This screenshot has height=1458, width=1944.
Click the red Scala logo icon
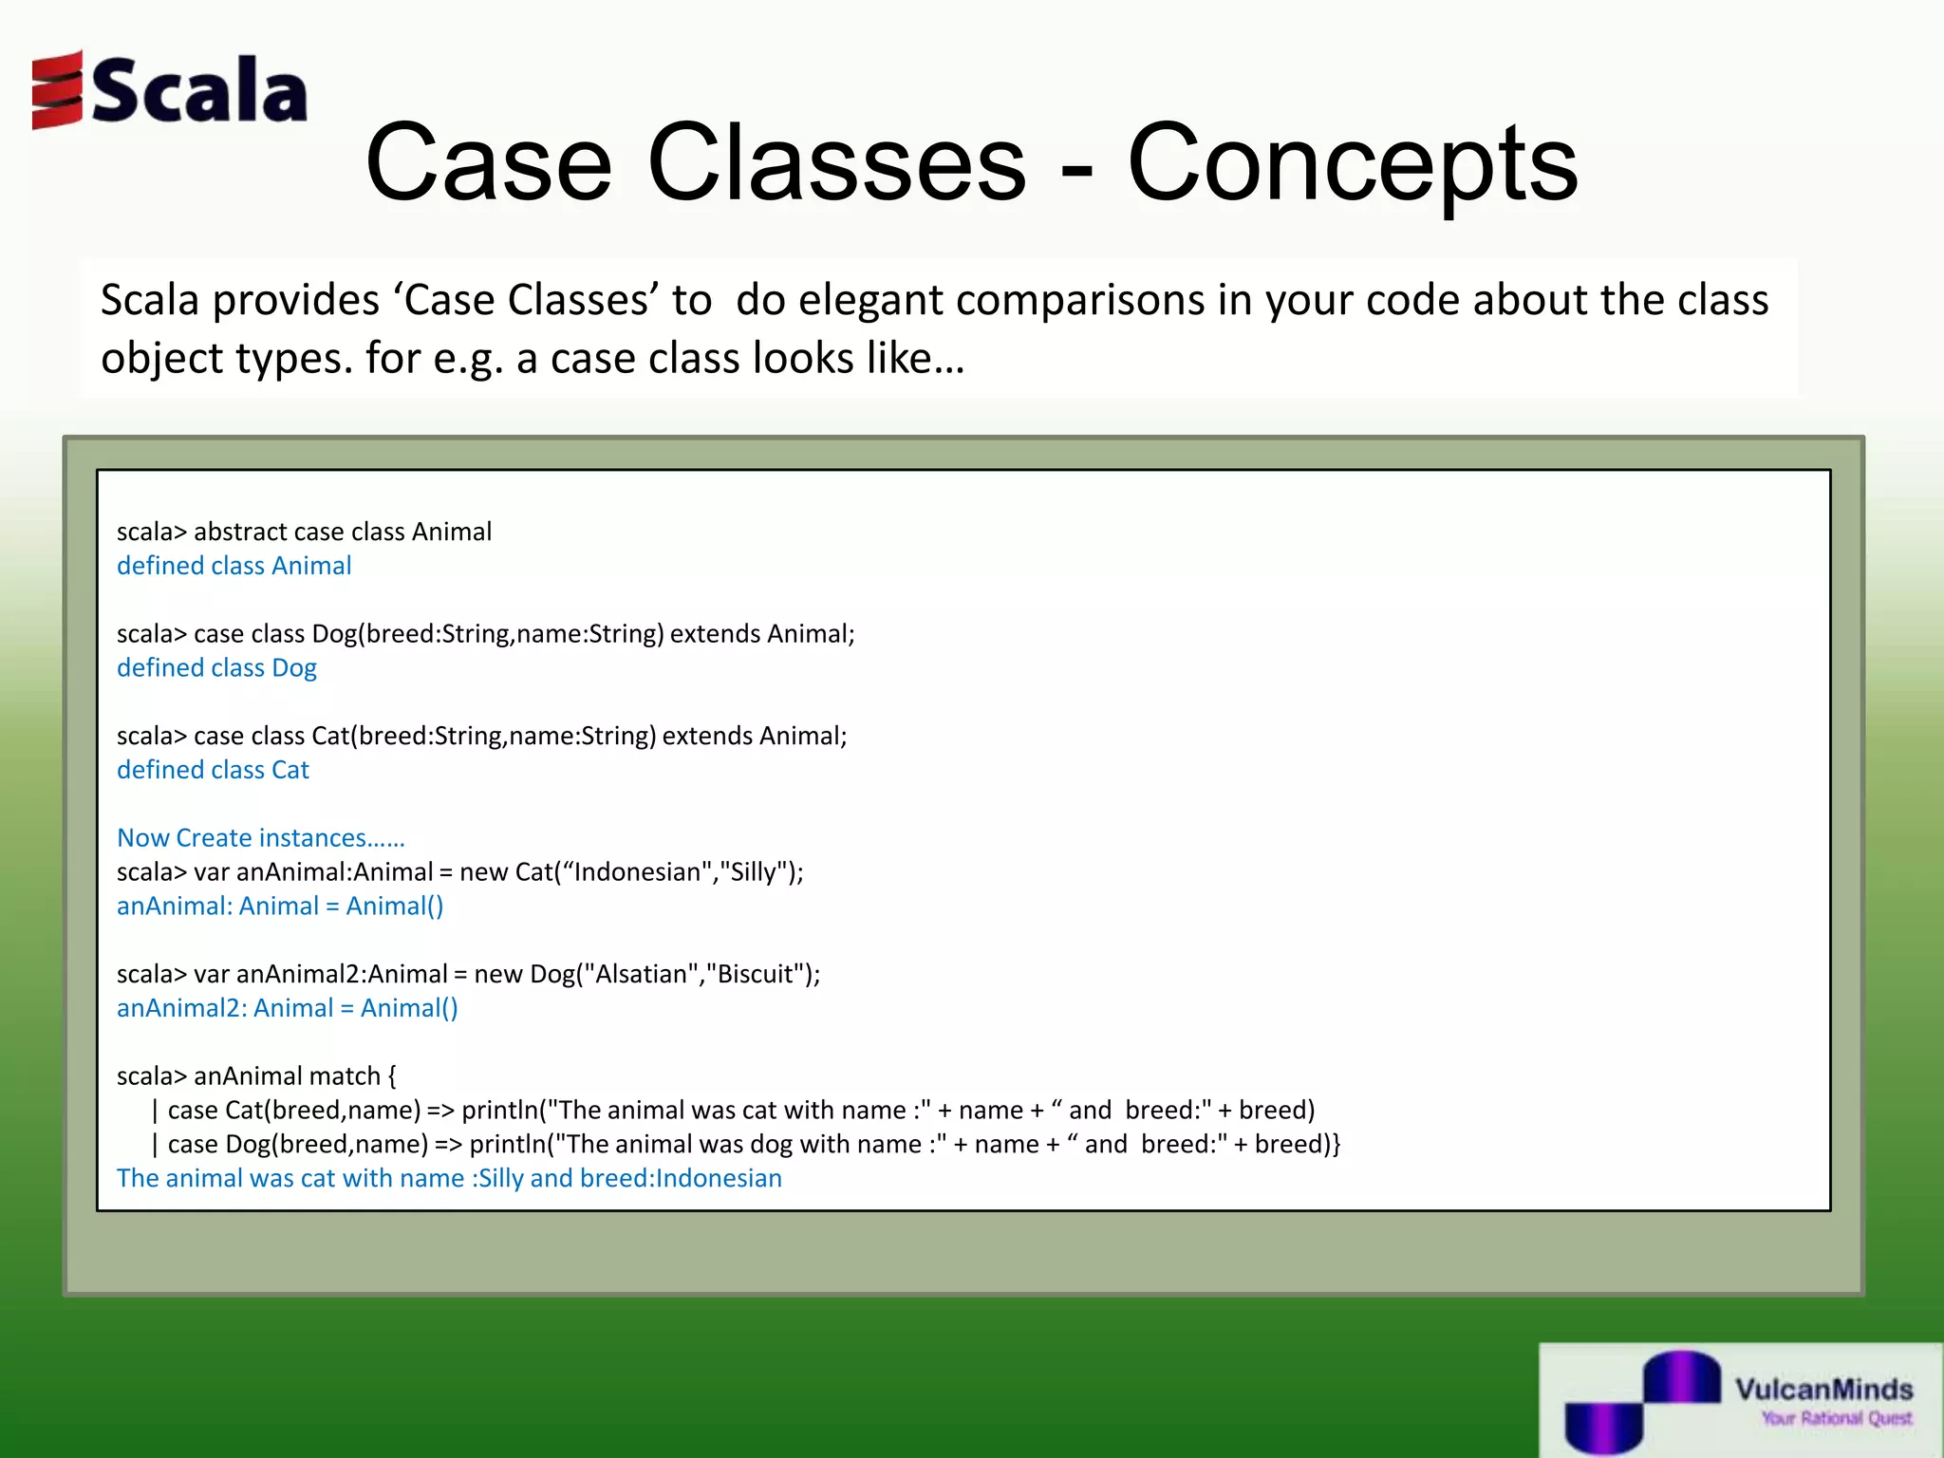click(57, 90)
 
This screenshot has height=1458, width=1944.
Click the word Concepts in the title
click(1352, 163)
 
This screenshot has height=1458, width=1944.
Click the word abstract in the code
click(240, 532)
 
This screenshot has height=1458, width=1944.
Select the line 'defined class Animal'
click(234, 566)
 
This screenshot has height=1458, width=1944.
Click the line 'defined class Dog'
click(216, 668)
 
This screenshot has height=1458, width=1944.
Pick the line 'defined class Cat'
click(213, 770)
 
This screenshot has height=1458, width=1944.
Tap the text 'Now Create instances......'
click(260, 838)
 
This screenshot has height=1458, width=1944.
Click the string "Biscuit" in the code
click(756, 975)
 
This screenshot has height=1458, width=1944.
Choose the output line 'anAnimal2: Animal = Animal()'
click(287, 1008)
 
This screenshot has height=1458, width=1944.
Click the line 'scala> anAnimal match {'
click(256, 1076)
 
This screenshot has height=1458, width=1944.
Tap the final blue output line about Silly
click(449, 1179)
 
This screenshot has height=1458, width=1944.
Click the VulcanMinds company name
click(1823, 1390)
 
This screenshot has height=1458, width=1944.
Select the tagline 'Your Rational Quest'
click(1836, 1419)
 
